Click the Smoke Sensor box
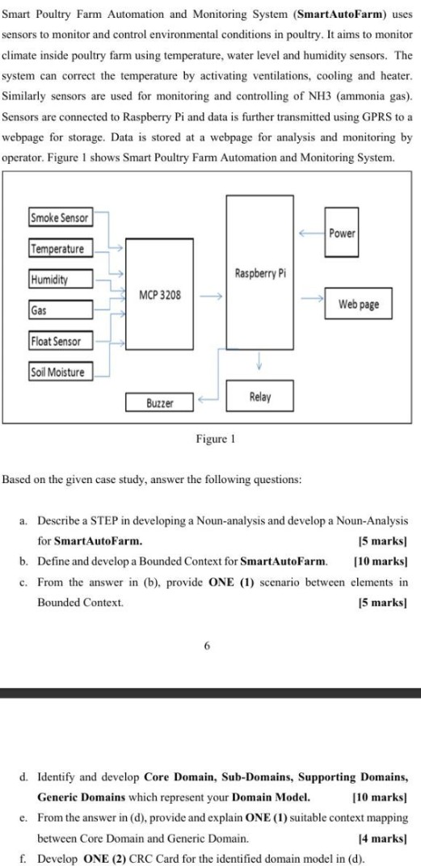[x=59, y=217]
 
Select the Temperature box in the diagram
[x=61, y=249]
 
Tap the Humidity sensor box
[x=60, y=280]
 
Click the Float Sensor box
[x=60, y=342]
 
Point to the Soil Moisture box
[x=60, y=372]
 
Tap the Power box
[x=343, y=233]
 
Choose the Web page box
[x=358, y=305]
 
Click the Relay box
[x=259, y=397]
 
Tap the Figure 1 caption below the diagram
[x=215, y=440]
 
